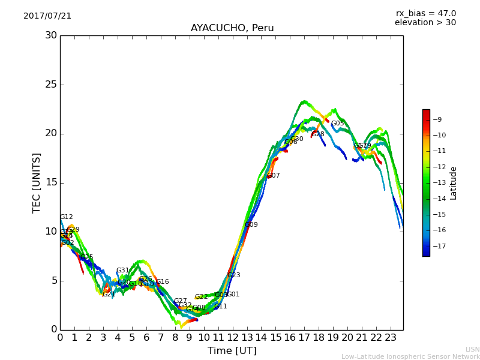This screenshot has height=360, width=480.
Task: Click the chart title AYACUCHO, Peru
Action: [232, 28]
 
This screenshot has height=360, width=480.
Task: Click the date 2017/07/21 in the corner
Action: [47, 16]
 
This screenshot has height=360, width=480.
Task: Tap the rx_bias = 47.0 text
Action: [425, 14]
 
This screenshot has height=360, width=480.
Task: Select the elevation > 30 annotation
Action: [425, 23]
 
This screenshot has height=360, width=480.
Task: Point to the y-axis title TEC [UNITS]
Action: [37, 182]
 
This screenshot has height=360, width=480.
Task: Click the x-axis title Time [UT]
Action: [232, 350]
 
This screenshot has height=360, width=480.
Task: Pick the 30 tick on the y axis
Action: [51, 35]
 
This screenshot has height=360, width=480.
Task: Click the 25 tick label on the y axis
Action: [51, 85]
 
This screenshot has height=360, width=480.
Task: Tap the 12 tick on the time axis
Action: [232, 337]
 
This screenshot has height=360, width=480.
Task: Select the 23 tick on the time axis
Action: [391, 337]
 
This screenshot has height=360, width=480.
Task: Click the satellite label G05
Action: [338, 124]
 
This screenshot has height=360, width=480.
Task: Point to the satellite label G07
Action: [274, 176]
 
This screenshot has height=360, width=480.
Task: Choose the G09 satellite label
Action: [251, 225]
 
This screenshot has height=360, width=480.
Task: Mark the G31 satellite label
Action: [122, 271]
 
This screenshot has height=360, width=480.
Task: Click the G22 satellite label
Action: [201, 297]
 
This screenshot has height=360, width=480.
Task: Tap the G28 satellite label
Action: [318, 134]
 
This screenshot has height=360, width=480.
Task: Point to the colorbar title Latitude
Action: [454, 183]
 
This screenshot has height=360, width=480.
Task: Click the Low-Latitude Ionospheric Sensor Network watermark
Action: [410, 356]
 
